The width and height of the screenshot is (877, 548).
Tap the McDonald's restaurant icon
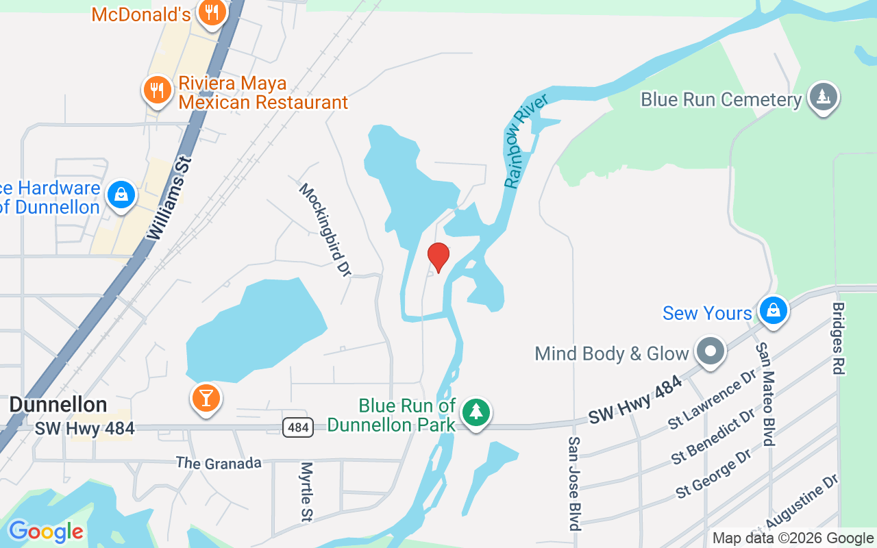212,12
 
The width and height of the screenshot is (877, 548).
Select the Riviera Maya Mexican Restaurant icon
158,90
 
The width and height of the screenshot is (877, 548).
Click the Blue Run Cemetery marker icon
823,97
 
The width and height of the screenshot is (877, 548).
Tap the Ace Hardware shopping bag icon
121,195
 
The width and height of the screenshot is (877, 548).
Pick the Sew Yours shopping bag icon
774,310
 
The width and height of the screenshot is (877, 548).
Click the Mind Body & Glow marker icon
711,352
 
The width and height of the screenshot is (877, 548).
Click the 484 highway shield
299,427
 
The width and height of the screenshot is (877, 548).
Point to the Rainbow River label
526,142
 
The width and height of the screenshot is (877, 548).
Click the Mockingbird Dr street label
325,229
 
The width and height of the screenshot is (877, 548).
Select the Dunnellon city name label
58,405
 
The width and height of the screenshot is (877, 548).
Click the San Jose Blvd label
574,484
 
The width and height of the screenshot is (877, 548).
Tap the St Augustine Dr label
795,506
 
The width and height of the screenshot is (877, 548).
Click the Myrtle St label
306,492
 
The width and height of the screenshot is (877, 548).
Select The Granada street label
219,463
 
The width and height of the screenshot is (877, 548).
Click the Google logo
46,532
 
